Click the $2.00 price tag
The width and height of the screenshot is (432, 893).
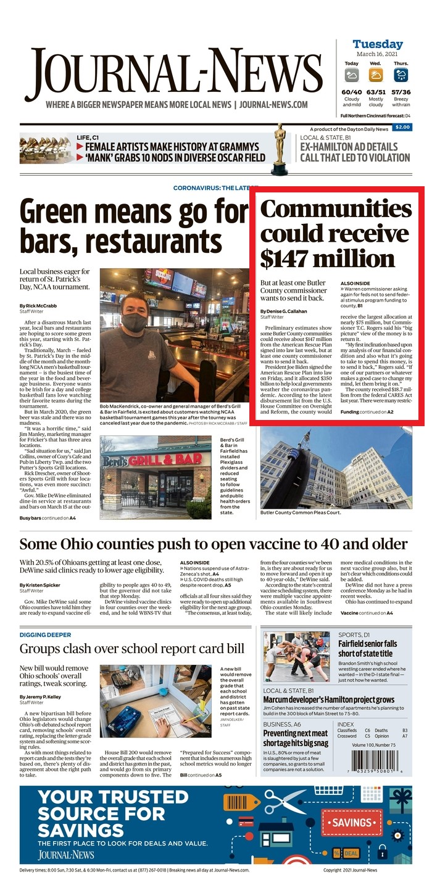(x=402, y=128)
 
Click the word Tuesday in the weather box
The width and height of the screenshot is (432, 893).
(x=377, y=44)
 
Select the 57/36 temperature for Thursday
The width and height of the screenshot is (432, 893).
(x=401, y=92)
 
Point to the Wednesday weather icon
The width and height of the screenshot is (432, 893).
(x=376, y=75)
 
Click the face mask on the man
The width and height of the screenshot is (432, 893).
(x=136, y=322)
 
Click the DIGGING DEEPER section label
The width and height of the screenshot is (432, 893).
(x=45, y=635)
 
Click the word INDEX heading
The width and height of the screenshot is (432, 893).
(x=346, y=724)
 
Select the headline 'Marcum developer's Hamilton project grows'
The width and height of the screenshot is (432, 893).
(x=328, y=700)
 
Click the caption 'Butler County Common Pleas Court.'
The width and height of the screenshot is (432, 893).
(x=301, y=512)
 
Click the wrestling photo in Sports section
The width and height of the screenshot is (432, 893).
(x=297, y=656)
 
